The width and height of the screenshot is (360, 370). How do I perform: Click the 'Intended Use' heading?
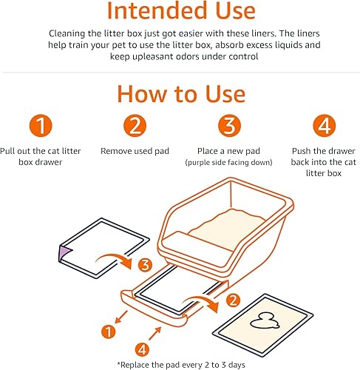click(180, 13)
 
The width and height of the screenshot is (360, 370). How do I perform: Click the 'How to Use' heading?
click(180, 95)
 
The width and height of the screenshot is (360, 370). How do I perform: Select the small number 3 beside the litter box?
click(146, 265)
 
